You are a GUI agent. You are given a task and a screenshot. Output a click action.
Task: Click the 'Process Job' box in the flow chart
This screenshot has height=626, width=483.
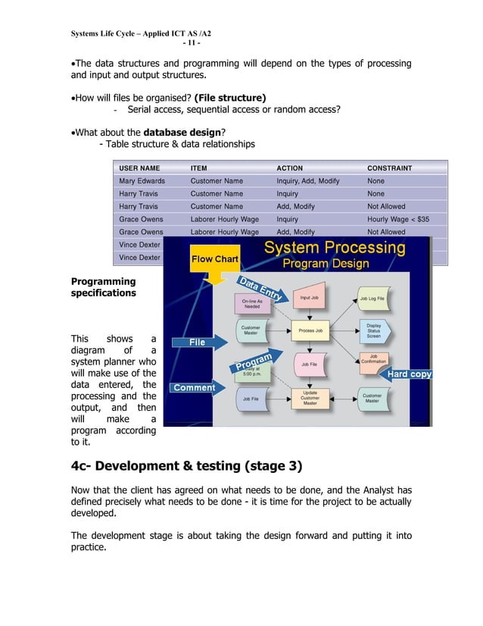coord(310,330)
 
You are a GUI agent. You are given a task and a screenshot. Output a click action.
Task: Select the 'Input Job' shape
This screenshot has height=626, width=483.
coord(309,299)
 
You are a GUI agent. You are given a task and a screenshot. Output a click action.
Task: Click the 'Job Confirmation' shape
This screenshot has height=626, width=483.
coord(372,359)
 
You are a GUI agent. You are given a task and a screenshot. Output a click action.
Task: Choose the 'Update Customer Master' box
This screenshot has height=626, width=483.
coord(310,398)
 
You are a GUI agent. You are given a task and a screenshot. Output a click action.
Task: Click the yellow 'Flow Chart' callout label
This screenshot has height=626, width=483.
coord(215,259)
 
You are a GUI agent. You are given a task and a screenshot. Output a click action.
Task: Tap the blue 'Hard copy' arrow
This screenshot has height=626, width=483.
coord(409,374)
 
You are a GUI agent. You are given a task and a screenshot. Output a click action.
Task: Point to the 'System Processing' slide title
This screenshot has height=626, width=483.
coord(334,248)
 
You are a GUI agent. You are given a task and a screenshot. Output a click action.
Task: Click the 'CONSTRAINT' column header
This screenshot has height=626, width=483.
coord(389,168)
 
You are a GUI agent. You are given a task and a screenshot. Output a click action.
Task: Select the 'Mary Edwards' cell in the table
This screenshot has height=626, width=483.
coord(142,181)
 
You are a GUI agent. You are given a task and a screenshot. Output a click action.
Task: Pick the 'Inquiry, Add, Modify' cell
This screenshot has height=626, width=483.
coord(308,181)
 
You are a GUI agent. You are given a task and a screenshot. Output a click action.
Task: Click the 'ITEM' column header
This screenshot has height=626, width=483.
coord(198,168)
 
